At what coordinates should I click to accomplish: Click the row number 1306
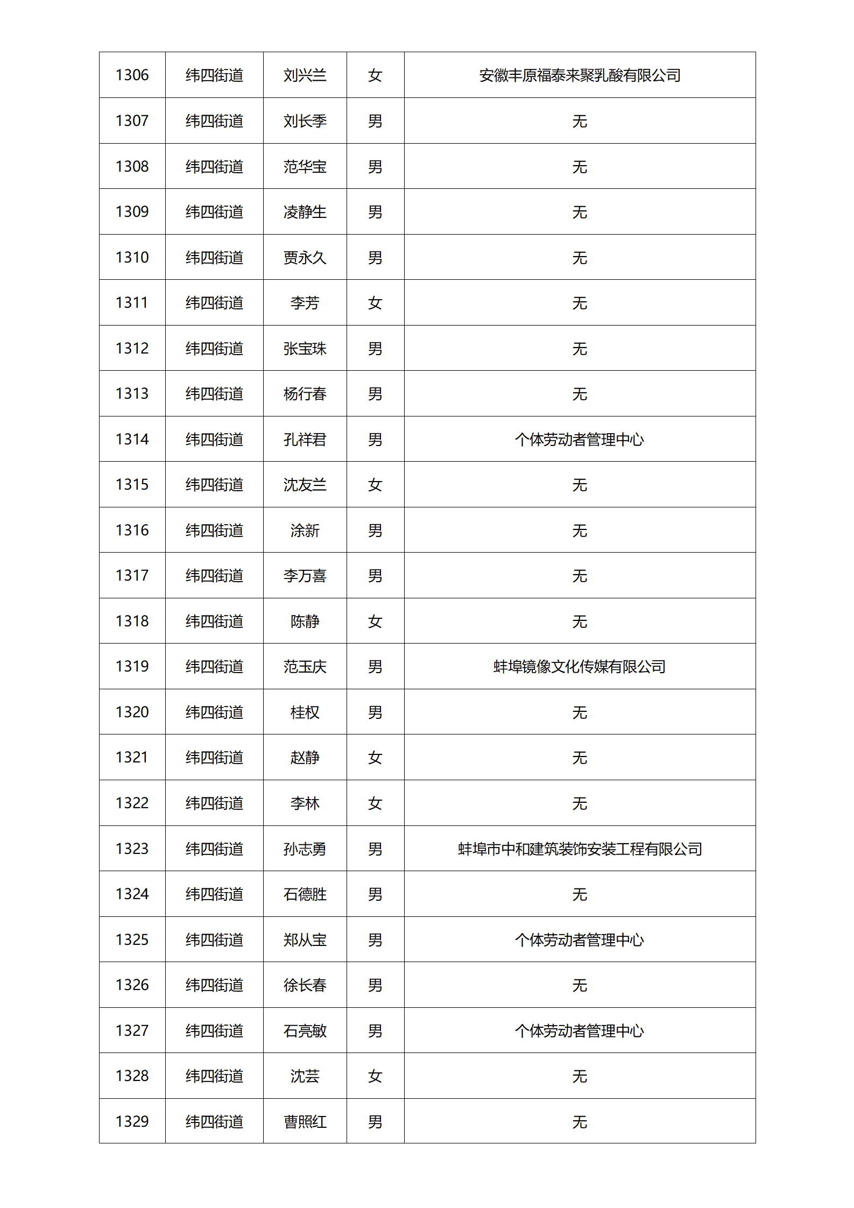coord(132,75)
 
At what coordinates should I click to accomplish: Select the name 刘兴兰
coord(305,75)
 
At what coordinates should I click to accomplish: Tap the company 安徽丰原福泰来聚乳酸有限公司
coord(580,75)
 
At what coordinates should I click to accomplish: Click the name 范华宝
coord(305,166)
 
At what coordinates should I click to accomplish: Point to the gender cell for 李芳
coord(375,303)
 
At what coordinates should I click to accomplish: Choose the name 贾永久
coord(305,257)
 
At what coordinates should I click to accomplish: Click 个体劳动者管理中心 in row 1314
coord(580,439)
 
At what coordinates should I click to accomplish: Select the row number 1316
coord(132,530)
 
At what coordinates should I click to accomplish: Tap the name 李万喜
coord(305,576)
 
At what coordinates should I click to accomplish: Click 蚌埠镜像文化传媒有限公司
coord(580,667)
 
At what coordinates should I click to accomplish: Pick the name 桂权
coord(305,712)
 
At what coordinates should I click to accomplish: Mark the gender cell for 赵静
coord(375,758)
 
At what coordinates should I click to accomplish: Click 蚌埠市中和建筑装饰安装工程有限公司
coord(580,849)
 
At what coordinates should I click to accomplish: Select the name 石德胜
coord(305,894)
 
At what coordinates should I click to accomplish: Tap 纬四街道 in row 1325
coord(214,939)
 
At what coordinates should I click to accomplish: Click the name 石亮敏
coord(305,1030)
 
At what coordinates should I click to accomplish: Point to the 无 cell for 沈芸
coord(580,1076)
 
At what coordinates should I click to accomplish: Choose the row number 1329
coord(132,1121)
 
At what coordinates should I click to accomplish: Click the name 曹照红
coord(305,1121)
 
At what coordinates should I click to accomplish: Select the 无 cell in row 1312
coord(580,348)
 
